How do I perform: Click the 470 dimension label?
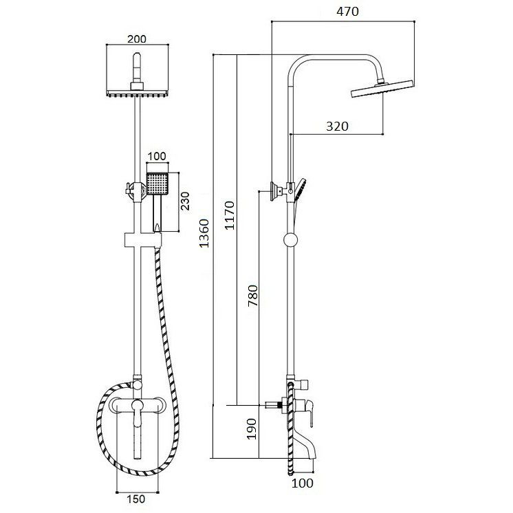[347, 12]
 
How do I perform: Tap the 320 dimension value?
[337, 127]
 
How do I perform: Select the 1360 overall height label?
[204, 233]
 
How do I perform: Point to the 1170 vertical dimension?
[230, 215]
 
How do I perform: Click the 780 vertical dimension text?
[253, 296]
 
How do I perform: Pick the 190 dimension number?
[251, 428]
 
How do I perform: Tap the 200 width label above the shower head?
[137, 39]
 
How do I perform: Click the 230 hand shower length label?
[185, 201]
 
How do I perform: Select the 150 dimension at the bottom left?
[135, 499]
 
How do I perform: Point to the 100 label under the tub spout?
[303, 483]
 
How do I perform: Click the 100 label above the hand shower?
[157, 156]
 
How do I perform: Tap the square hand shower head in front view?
[157, 183]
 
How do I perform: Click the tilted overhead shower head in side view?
[382, 88]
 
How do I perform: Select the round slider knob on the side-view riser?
[290, 240]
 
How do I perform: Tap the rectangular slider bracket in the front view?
[143, 240]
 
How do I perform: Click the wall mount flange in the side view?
[274, 190]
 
